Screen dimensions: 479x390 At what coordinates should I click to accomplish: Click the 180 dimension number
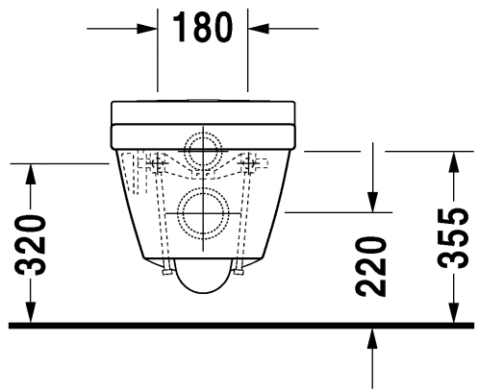203,27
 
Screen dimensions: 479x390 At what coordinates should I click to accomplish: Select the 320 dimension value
31,245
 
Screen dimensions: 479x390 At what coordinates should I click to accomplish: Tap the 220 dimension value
370,266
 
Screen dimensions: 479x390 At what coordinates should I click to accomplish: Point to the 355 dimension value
453,238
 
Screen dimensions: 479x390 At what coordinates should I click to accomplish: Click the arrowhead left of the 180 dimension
147,29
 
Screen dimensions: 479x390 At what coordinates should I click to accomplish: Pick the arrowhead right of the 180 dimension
258,29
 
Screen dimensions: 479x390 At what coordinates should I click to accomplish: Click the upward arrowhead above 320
31,174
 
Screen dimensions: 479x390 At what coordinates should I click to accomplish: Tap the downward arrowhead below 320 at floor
31,312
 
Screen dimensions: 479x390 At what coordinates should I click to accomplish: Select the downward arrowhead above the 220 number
372,202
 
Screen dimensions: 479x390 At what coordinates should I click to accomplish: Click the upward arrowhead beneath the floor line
372,339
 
